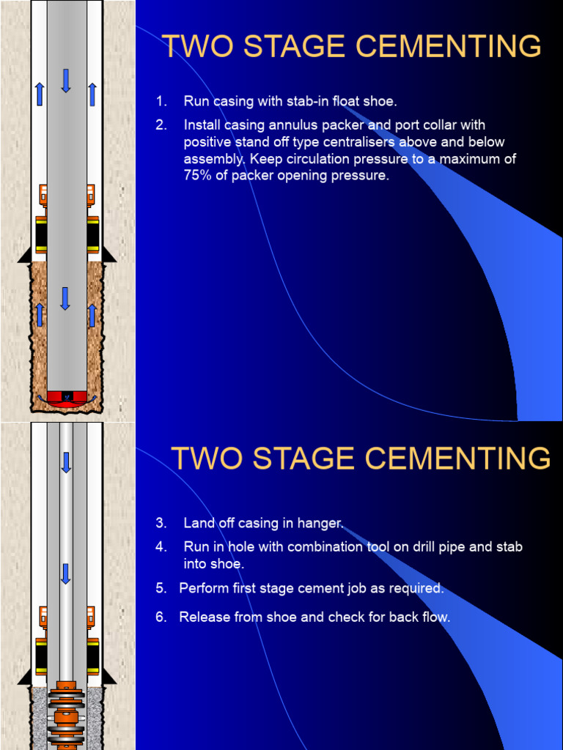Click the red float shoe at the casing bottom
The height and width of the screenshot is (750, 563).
[x=66, y=397]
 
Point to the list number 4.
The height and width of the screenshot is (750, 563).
[x=161, y=546]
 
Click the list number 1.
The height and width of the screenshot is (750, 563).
[x=161, y=101]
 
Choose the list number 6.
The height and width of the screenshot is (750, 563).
[x=161, y=617]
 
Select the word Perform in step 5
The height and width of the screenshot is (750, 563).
[x=203, y=588]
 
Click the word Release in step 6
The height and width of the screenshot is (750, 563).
[x=205, y=617]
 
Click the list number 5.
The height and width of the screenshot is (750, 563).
[x=161, y=588]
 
